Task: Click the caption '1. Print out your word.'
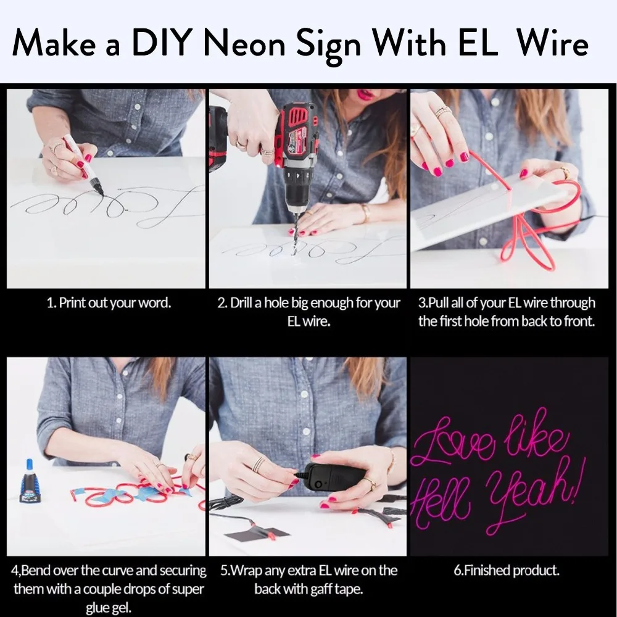click(109, 304)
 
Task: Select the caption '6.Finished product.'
click(507, 571)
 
